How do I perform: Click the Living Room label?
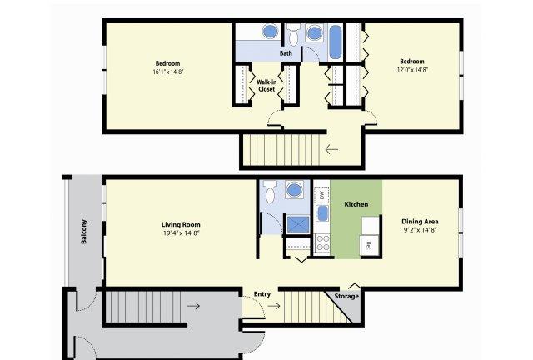click(x=181, y=224)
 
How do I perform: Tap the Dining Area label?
click(x=420, y=221)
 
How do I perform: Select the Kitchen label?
click(x=356, y=204)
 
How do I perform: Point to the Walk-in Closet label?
click(x=266, y=86)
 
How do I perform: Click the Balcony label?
click(x=84, y=232)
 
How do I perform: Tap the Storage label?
click(x=346, y=296)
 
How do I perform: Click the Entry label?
click(x=262, y=294)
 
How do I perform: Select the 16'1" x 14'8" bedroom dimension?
click(x=168, y=72)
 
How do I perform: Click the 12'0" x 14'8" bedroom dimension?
click(x=412, y=70)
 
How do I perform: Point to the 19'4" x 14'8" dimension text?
click(x=181, y=233)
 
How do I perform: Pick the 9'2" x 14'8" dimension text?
click(x=420, y=230)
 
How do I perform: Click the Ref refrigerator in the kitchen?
click(x=369, y=244)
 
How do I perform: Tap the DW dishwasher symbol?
click(x=321, y=195)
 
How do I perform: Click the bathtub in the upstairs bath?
click(x=336, y=42)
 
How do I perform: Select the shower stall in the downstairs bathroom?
click(x=298, y=224)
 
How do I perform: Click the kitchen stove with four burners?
click(x=322, y=243)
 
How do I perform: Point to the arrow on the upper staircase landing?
click(x=331, y=149)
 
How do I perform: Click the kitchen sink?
click(x=322, y=213)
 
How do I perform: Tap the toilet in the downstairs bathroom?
click(x=270, y=192)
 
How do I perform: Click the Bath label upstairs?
click(x=286, y=53)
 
